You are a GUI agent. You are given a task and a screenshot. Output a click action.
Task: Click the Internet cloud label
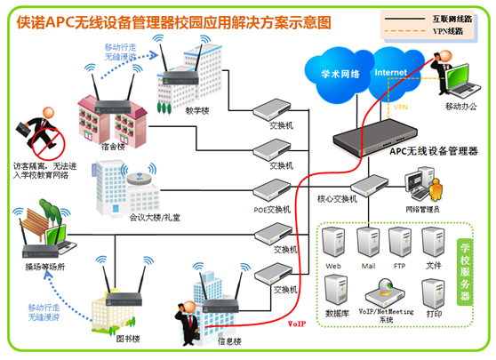[390, 72]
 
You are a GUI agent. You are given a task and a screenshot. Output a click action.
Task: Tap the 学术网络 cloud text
[340, 74]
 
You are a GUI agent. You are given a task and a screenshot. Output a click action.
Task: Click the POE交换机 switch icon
[272, 190]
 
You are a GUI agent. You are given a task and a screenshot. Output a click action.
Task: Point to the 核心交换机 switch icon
[370, 186]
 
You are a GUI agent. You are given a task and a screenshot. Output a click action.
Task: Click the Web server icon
[333, 243]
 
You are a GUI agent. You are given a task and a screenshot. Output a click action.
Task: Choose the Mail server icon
[368, 243]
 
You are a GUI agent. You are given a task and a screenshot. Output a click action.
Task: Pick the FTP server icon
[400, 243]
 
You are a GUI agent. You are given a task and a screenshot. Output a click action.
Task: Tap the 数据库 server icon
[336, 290]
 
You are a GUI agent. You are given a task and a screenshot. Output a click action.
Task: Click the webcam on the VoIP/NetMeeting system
[386, 285]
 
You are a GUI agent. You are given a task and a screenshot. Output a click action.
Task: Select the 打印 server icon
[434, 294]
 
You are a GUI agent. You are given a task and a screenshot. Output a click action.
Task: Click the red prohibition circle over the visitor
[50, 144]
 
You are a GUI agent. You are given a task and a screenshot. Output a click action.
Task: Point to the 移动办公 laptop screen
[457, 77]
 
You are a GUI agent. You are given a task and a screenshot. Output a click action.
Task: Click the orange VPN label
[401, 108]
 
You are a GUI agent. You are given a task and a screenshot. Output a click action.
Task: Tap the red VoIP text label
[297, 324]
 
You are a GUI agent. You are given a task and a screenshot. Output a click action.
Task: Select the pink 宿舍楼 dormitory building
[113, 123]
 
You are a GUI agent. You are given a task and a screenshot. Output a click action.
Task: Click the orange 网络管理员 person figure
[436, 189]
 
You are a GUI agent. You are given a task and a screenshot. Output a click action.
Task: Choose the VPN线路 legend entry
[428, 31]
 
